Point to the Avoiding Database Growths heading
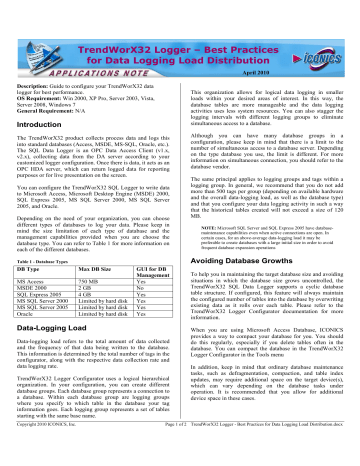tap(240, 256)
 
